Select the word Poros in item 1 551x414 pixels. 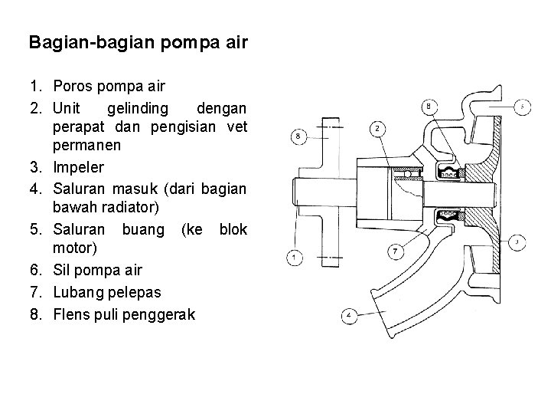74,86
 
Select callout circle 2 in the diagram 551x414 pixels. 379,129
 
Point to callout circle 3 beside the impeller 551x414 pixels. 518,242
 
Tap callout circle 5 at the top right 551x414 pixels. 522,107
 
